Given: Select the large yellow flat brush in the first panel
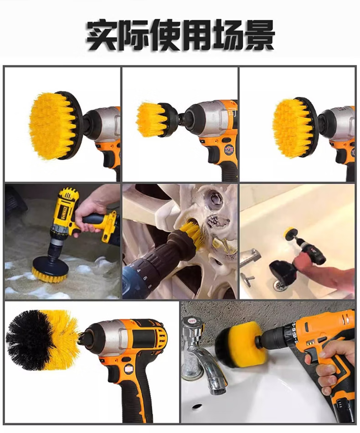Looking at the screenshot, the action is [x=52, y=126].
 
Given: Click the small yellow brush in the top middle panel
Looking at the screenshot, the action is [x=147, y=120].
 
